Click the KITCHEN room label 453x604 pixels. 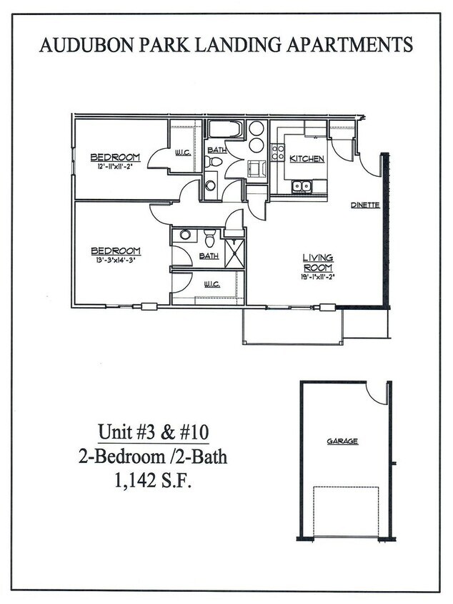(x=307, y=159)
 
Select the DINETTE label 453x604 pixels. (x=364, y=205)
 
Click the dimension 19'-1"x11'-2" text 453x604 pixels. (x=319, y=276)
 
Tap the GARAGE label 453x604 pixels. (x=342, y=442)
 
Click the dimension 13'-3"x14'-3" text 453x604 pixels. (x=114, y=260)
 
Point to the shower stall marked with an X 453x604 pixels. (x=234, y=253)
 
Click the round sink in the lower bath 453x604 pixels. (x=184, y=234)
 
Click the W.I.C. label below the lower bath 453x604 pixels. (x=211, y=284)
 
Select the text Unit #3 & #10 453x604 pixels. (x=154, y=433)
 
